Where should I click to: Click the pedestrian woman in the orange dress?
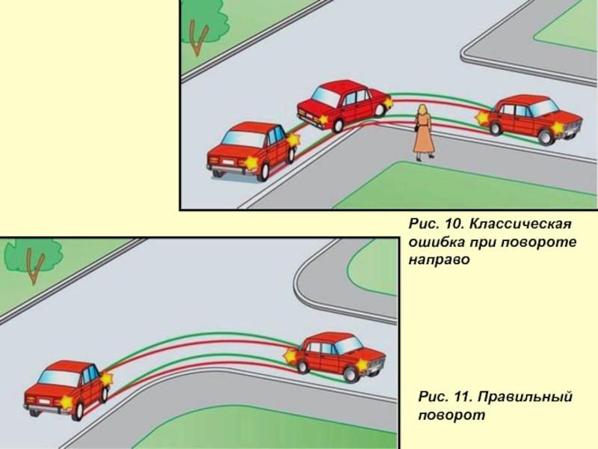point(422,133)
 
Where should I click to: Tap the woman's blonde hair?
point(422,111)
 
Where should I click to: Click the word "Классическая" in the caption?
point(520,224)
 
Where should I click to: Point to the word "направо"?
point(439,260)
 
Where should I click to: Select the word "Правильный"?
point(525,397)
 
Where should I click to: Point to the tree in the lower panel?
point(34,258)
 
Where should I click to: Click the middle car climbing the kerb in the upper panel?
point(345,104)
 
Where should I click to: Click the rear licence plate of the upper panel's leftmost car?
point(229,162)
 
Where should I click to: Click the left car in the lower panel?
point(68,388)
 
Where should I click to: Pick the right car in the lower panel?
point(335,357)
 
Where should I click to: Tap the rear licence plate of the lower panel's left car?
point(44,402)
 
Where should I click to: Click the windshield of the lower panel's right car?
point(348,345)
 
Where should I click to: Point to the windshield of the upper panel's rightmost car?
point(544,107)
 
